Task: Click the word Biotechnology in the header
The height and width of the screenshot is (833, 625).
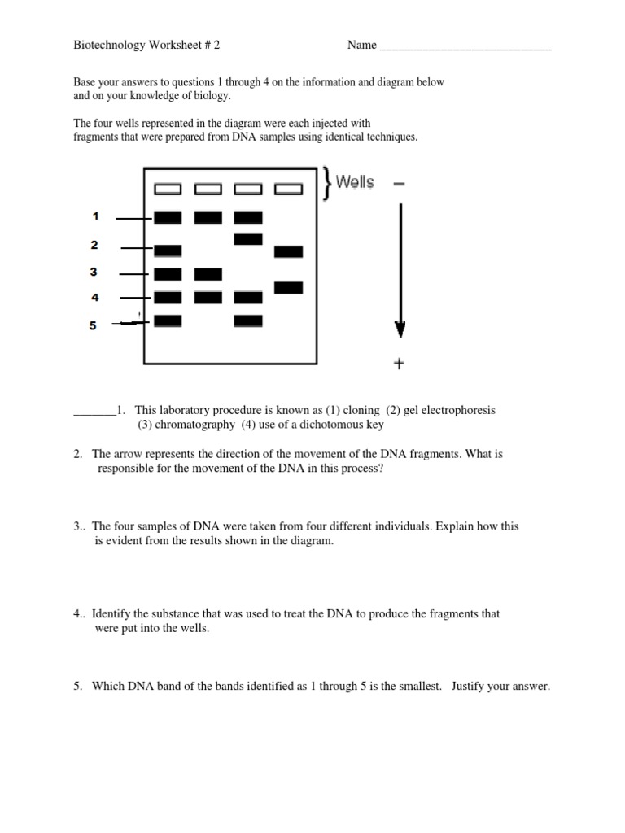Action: [x=107, y=46]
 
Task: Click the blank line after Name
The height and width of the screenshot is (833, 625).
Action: [x=465, y=48]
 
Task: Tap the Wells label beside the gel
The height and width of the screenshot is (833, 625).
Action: [x=355, y=182]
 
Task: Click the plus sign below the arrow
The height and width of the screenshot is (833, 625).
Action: [x=399, y=364]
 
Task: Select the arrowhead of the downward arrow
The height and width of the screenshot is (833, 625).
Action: [x=400, y=329]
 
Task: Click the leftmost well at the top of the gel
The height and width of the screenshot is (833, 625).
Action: [x=168, y=190]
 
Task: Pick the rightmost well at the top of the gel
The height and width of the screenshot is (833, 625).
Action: [x=288, y=190]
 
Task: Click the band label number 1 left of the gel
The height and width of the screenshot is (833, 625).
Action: [x=95, y=216]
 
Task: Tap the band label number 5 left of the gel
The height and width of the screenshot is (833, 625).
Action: [x=93, y=325]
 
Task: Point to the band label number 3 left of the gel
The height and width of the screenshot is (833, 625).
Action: [x=94, y=273]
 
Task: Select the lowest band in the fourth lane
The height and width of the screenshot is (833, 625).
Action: [x=288, y=287]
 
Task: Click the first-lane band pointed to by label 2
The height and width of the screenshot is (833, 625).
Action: [x=168, y=251]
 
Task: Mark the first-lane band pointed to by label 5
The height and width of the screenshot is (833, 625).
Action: [x=168, y=321]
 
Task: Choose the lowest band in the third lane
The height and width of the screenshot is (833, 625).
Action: [x=248, y=321]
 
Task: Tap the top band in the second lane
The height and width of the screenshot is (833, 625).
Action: [x=208, y=217]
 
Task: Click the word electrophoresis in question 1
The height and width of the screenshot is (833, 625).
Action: [x=456, y=410]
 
